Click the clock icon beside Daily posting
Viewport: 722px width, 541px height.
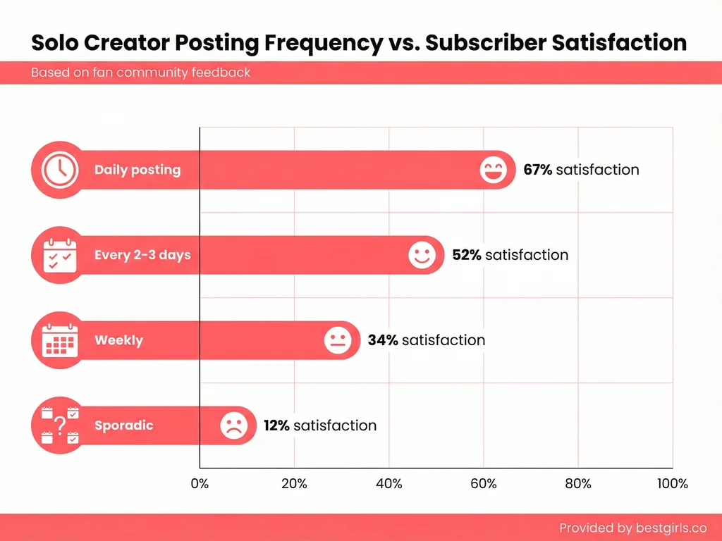(x=60, y=170)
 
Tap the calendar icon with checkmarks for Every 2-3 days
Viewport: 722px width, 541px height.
(x=60, y=255)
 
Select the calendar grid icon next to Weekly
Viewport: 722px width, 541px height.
(x=60, y=340)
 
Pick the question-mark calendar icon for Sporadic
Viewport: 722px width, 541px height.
(x=60, y=425)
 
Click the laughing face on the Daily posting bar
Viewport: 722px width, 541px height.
(x=493, y=170)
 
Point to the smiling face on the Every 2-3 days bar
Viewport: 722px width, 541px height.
(x=422, y=255)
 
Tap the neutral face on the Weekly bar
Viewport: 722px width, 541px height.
(x=338, y=341)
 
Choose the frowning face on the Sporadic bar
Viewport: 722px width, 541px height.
(x=233, y=425)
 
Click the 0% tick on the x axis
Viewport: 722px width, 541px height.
(x=200, y=484)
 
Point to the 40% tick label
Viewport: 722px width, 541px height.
(x=388, y=484)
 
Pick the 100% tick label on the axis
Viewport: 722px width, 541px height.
(x=672, y=484)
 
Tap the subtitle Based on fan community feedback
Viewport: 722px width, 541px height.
(x=140, y=73)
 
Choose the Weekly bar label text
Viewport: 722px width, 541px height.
(x=118, y=340)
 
